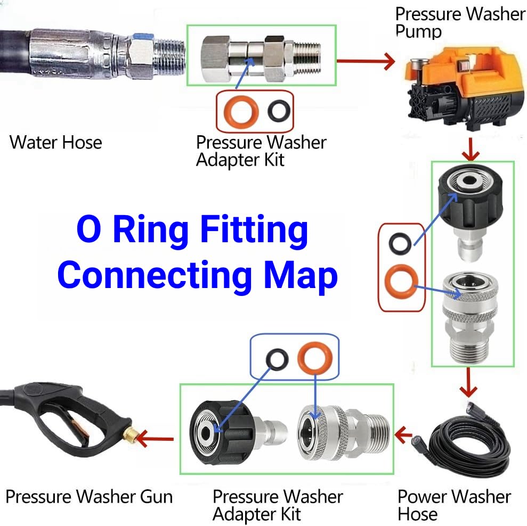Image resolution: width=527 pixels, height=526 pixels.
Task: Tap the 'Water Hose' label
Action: pos(56,143)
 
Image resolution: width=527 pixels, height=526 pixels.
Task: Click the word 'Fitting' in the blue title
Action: pos(254,230)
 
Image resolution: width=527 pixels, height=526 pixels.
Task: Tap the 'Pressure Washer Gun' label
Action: pos(90,497)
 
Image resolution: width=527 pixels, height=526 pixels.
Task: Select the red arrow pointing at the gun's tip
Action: pos(155,439)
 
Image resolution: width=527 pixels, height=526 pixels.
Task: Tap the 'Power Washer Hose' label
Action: pos(454,505)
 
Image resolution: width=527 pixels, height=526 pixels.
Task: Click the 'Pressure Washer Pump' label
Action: pos(460,22)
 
